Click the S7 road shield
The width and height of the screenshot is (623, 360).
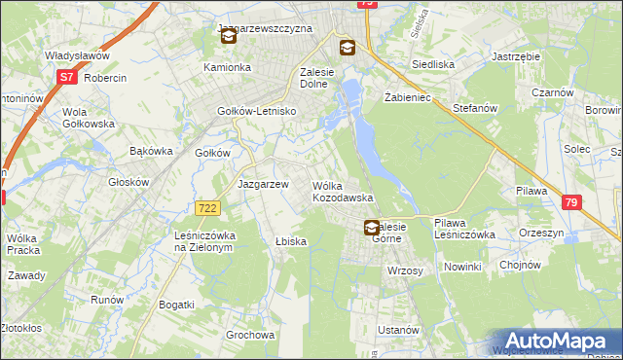[66, 75]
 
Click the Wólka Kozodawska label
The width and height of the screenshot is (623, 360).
[343, 191]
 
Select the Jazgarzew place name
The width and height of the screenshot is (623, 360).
[263, 184]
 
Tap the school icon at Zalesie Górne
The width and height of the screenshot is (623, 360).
[372, 228]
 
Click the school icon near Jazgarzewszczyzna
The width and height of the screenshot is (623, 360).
[228, 37]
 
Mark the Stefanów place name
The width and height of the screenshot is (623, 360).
[475, 109]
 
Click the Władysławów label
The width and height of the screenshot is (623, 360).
[75, 56]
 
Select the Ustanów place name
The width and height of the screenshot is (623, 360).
[398, 330]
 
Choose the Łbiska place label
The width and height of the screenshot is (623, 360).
[291, 241]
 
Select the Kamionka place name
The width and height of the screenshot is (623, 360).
[227, 68]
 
